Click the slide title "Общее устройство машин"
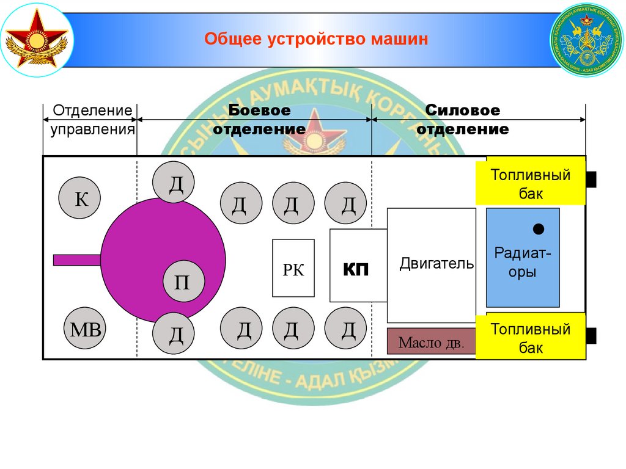pos(316,40)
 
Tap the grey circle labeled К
pos(80,198)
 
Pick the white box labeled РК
pos(293,268)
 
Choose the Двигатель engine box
pos(432,265)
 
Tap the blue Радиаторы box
pos(523,257)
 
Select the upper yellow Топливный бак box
pos(531,184)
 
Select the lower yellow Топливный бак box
pos(531,338)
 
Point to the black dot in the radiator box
pos(539,230)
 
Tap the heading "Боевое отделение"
pos(259,120)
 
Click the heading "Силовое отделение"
pos(463,120)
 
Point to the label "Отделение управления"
pos(92,120)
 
